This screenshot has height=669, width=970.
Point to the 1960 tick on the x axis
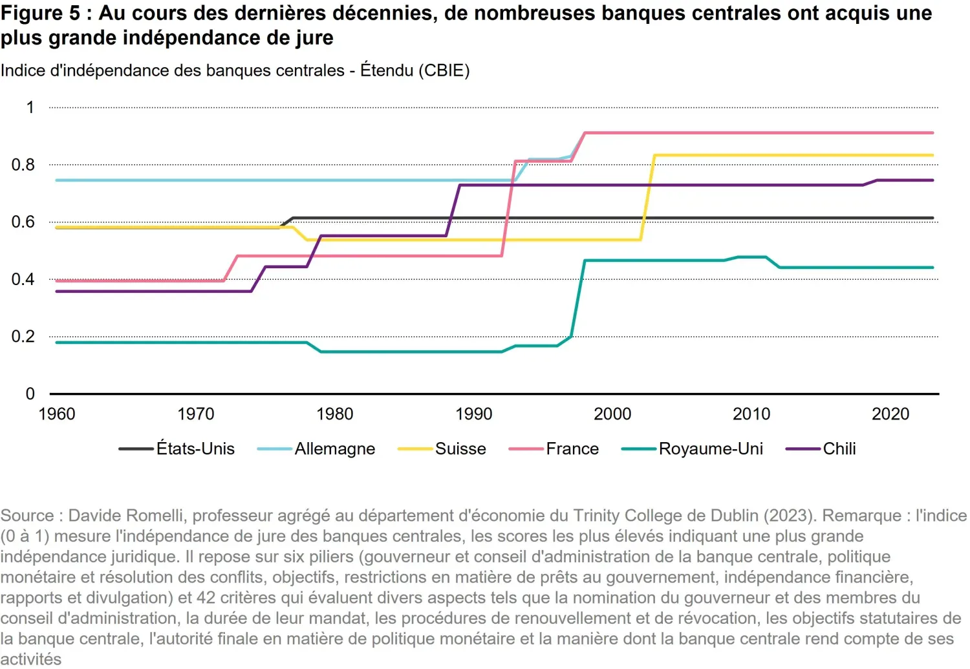coord(57,414)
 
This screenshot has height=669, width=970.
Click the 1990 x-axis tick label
coord(473,414)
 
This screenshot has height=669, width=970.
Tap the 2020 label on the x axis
coord(890,414)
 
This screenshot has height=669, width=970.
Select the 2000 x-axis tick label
coord(612,414)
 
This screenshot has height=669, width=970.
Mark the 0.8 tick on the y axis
coord(23,165)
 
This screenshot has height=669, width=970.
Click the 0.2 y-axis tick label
coord(23,337)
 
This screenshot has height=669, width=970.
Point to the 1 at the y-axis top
coord(30,107)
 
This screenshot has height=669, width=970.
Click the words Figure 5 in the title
coord(40,14)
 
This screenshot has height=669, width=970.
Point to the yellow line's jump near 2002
coord(647,198)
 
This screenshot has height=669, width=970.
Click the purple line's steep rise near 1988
coord(453,211)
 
